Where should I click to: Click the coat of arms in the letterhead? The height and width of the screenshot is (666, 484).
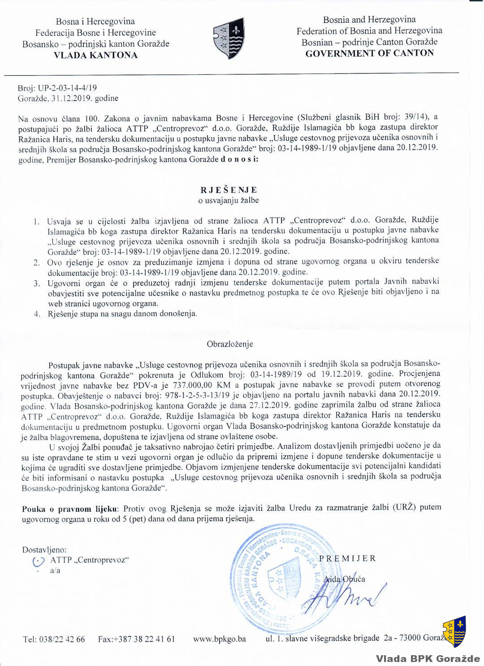tap(229, 38)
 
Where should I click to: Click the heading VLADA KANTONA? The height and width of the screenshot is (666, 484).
tap(95, 55)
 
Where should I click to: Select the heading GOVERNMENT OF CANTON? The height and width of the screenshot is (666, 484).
tap(369, 53)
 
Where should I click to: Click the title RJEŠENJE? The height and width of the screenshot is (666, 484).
tap(229, 190)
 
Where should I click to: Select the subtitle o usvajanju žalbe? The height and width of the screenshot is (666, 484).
tap(229, 200)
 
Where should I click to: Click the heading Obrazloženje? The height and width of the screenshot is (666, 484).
tap(230, 344)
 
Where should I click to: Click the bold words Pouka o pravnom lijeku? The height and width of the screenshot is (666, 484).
tap(70, 509)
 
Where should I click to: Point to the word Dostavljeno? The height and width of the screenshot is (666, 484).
tap(44, 549)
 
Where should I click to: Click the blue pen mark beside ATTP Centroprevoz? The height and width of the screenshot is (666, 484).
tap(39, 561)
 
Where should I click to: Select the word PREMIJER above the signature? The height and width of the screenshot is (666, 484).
tap(347, 558)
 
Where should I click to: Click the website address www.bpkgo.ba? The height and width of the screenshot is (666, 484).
tap(220, 639)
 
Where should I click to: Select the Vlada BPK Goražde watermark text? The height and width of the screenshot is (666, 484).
tap(428, 658)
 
